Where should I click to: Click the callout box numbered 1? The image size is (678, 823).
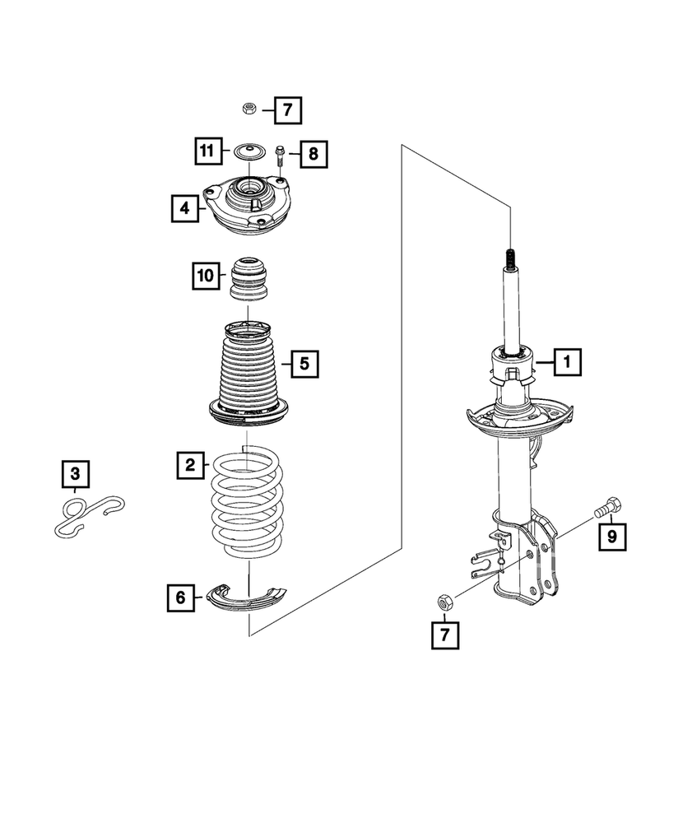click(x=567, y=361)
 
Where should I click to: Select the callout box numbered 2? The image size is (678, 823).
click(x=190, y=467)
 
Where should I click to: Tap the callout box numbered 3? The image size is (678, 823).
click(x=75, y=473)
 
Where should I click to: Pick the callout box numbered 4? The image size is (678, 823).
click(x=184, y=209)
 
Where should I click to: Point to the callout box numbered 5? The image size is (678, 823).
click(x=304, y=363)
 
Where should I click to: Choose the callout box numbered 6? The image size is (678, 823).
click(x=180, y=598)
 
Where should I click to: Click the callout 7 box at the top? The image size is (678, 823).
click(x=288, y=109)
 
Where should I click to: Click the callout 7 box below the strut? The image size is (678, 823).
click(x=445, y=635)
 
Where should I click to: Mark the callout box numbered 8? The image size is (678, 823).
click(x=313, y=153)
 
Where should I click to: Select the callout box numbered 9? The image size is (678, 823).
click(x=611, y=537)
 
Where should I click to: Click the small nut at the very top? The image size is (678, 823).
click(x=248, y=108)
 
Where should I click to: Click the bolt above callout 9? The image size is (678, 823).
click(x=609, y=507)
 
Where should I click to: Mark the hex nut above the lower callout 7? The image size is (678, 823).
click(x=443, y=602)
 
